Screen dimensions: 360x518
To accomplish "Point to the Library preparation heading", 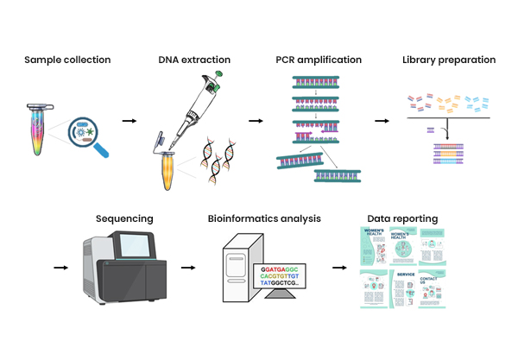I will click(x=449, y=60).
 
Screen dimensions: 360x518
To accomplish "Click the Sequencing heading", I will click(x=124, y=219).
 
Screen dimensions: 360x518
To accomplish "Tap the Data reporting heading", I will click(x=402, y=219).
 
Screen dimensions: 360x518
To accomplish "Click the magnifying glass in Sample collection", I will click(x=85, y=132).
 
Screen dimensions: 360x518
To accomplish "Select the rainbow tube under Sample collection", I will click(x=35, y=129).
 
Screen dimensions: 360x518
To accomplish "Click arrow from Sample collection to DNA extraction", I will click(x=129, y=120).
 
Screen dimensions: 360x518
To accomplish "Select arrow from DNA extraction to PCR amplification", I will click(x=256, y=120).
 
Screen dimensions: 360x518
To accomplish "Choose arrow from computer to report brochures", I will click(x=339, y=267).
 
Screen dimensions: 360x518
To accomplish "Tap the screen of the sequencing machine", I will click(x=139, y=249).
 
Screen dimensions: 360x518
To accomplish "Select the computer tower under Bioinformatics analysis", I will click(x=237, y=268).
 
